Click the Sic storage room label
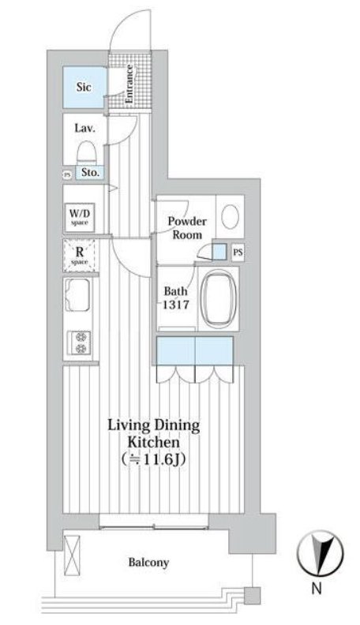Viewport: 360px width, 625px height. pos(84,87)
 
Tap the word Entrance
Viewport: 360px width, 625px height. pos(130,84)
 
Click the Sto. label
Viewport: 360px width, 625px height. pos(91,173)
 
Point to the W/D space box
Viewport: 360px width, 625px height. pos(80,218)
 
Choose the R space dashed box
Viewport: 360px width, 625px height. pos(79,256)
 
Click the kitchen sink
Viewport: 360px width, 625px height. pos(77,295)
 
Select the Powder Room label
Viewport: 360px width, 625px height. pos(187,227)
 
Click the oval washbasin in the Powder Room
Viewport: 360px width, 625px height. pos(230,216)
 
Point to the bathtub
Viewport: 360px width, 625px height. pos(219,298)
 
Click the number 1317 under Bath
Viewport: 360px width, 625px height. pos(176,305)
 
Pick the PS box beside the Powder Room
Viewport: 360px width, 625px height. pos(238,253)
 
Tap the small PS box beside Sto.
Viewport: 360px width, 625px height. pos(67,174)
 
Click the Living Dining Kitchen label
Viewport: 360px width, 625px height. pos(153,434)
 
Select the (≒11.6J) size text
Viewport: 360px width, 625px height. pos(154,459)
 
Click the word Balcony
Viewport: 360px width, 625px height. pos(148,563)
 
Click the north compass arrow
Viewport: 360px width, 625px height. pos(321,554)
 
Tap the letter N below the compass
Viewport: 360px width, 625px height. pos(317,589)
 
